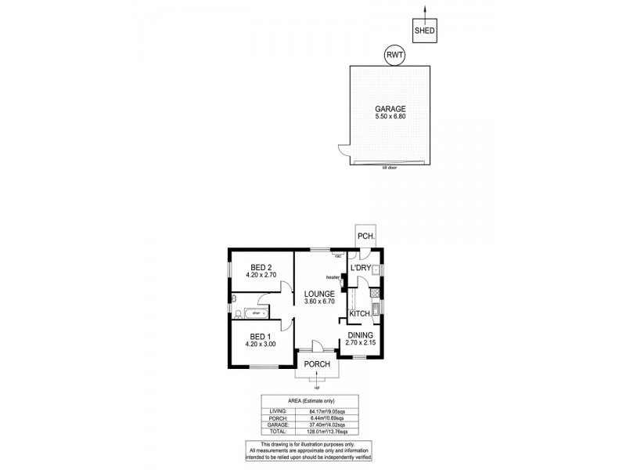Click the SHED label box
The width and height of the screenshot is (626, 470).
pyautogui.click(x=425, y=32)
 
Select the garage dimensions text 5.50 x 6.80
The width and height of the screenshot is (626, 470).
pyautogui.click(x=390, y=117)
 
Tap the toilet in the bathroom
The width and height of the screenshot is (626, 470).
pyautogui.click(x=238, y=314)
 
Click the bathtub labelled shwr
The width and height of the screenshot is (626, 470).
pyautogui.click(x=256, y=314)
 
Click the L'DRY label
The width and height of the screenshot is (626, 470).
pyautogui.click(x=361, y=269)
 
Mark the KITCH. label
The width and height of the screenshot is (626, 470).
pyautogui.click(x=359, y=313)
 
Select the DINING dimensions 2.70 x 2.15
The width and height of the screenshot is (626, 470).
pyautogui.click(x=361, y=343)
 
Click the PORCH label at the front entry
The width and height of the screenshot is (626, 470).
pyautogui.click(x=318, y=364)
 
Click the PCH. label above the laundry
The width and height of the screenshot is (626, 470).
pyautogui.click(x=365, y=236)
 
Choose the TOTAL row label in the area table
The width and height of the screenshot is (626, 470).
pyautogui.click(x=278, y=431)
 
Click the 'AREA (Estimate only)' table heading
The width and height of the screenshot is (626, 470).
pyautogui.click(x=310, y=400)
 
